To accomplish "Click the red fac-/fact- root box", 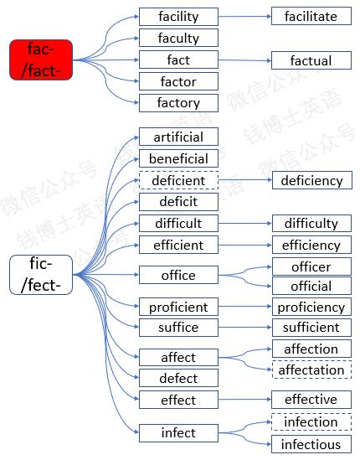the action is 41,59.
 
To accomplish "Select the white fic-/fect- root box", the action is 41,275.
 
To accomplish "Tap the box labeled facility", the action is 178,17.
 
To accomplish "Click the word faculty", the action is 178,39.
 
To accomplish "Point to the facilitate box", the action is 311,16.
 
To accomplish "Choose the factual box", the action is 311,60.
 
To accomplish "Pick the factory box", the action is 178,103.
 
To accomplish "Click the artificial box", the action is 178,137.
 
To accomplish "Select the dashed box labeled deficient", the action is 178,180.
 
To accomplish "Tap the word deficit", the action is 178,202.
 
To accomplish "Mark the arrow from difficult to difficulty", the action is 245,224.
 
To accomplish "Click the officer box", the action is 311,266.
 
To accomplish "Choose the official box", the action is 311,286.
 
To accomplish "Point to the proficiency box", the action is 311,307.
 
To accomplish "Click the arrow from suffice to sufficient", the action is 245,328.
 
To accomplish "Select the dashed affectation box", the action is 311,370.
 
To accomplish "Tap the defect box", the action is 178,378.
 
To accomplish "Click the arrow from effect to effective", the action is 244,400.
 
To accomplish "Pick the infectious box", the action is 311,444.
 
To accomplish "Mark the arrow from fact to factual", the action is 244,60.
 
